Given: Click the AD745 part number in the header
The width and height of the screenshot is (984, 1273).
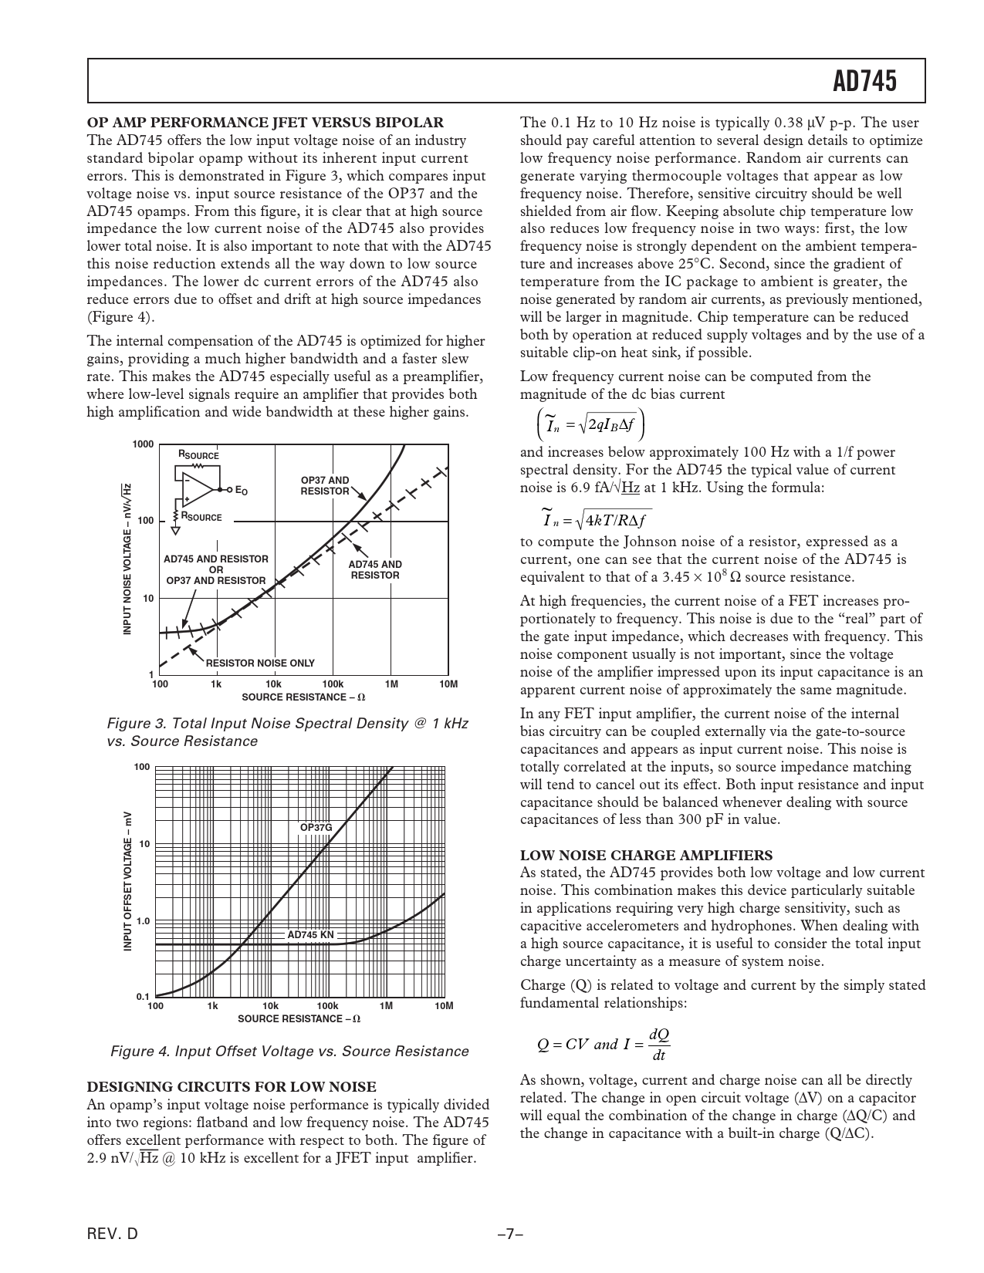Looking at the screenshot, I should (x=865, y=81).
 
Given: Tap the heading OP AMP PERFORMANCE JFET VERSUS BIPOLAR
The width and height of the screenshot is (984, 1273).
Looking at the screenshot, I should (x=265, y=122).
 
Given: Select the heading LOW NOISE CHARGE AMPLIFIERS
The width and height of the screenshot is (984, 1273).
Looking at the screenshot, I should (x=646, y=855).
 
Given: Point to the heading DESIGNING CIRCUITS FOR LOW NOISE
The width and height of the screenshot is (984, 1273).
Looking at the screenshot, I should (x=232, y=1087).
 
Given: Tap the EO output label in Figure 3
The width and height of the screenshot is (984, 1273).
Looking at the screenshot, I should (x=241, y=491).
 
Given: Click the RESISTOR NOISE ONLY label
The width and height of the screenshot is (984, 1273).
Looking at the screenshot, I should (x=260, y=663).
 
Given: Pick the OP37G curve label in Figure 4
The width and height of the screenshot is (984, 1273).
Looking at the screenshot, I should (x=316, y=828).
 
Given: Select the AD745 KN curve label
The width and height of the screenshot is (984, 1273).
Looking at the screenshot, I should (x=310, y=935).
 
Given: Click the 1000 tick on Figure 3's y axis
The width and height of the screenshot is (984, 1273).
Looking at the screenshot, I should (x=143, y=444).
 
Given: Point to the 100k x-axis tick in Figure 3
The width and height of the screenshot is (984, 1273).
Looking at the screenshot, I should (x=332, y=684).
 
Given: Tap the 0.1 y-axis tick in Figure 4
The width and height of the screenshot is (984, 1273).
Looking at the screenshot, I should (x=143, y=997).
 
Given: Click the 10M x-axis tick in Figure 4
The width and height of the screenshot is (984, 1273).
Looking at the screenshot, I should (x=443, y=1006).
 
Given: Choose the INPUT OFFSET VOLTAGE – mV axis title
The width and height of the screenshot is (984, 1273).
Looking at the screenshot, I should (x=129, y=881).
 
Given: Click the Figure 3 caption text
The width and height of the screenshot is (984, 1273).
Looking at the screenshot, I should (x=287, y=732).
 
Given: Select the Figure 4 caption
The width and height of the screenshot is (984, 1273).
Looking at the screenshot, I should (x=289, y=1052).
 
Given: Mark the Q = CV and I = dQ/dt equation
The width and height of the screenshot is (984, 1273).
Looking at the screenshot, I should (x=604, y=1044).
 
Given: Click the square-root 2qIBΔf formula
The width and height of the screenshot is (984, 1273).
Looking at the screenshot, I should (x=590, y=424).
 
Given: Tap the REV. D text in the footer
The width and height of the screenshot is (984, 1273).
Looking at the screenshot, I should (x=113, y=1234).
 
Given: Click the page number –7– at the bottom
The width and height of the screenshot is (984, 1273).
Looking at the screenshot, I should (x=510, y=1234).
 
